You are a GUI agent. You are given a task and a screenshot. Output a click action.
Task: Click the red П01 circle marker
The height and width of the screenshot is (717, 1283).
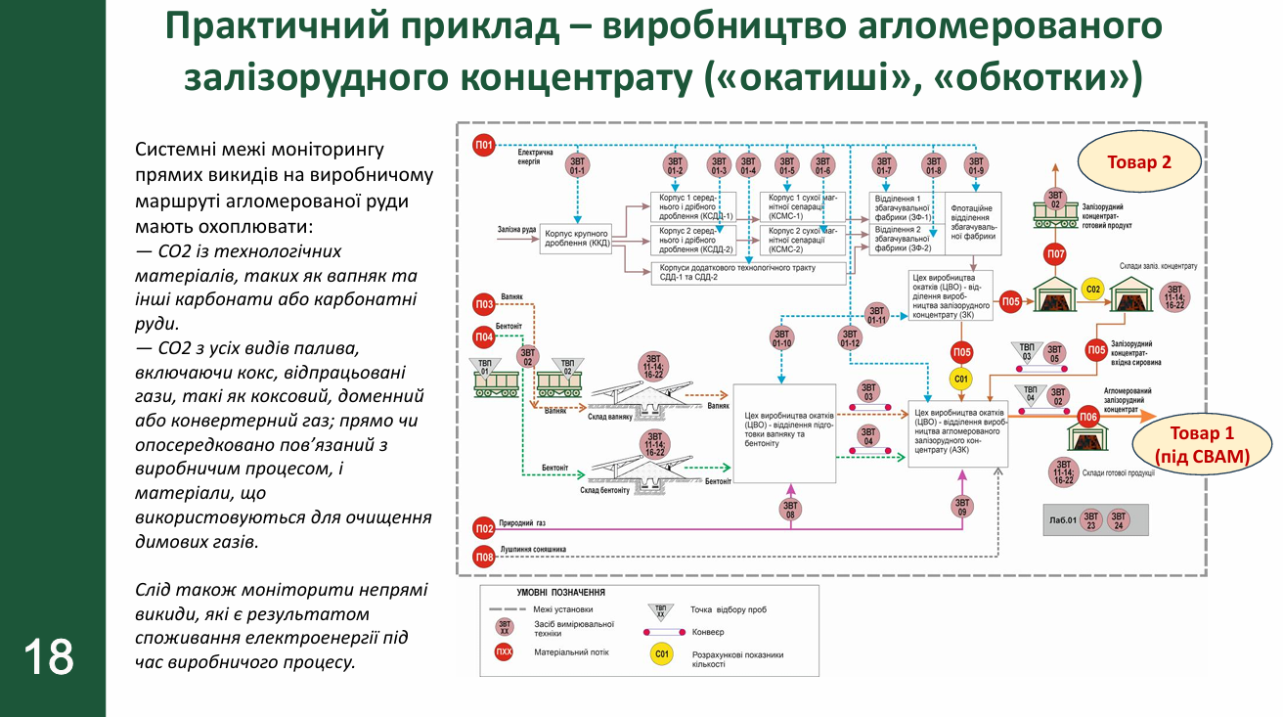(x=484, y=146)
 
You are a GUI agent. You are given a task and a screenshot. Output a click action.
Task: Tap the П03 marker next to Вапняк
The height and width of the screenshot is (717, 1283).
(x=484, y=304)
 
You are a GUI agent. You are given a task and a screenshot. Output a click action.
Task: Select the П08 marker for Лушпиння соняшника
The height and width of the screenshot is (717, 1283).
(x=484, y=557)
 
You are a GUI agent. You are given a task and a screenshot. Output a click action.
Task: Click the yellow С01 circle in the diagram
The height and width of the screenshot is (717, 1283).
(x=961, y=379)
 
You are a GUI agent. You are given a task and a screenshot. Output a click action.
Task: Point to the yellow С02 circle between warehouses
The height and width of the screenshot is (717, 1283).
(x=1093, y=289)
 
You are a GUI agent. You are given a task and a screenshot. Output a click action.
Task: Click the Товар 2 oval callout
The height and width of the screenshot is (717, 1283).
(x=1138, y=163)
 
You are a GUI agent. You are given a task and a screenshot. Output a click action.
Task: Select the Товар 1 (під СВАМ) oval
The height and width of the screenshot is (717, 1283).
(x=1201, y=443)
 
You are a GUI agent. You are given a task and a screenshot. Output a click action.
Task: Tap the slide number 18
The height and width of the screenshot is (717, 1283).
(x=49, y=657)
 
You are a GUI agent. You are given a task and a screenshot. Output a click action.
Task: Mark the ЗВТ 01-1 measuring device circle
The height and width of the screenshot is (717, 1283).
(x=577, y=165)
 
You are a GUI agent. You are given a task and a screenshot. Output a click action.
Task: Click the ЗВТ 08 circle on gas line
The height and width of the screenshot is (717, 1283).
(x=790, y=508)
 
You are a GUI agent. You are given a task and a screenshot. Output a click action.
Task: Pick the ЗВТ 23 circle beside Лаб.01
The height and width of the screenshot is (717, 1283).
(x=1091, y=518)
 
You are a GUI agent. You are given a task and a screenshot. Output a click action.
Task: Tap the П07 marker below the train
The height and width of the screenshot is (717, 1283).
(x=1055, y=256)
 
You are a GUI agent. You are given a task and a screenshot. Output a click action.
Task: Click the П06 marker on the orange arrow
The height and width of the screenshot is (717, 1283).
(x=1088, y=417)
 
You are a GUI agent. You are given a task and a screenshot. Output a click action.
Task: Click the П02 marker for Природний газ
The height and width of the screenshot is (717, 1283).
(x=484, y=529)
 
